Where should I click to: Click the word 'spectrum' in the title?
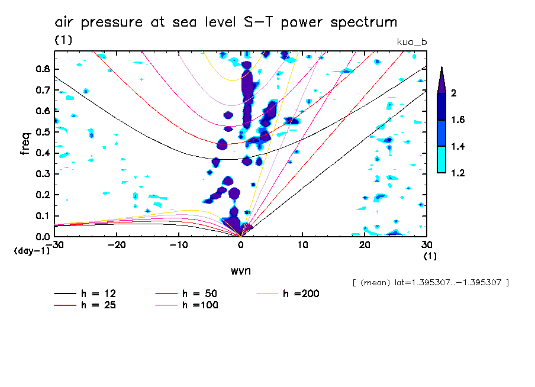363,22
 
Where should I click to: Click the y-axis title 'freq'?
25,143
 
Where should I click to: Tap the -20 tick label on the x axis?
117,244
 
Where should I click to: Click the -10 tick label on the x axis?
179,244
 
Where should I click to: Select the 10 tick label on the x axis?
303,244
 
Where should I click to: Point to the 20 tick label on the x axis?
365,244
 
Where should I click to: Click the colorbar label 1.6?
457,120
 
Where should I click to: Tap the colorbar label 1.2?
457,173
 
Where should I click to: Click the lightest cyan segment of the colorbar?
441,160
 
